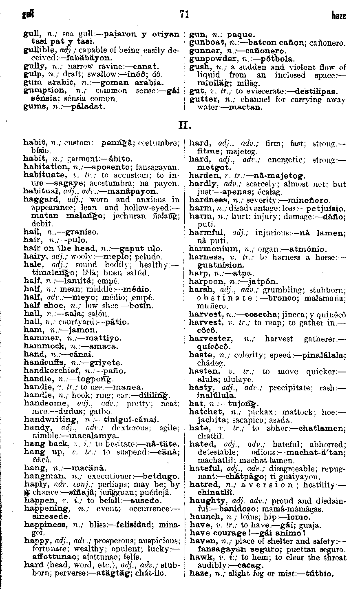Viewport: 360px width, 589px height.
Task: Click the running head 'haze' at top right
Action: pyautogui.click(x=338, y=16)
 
